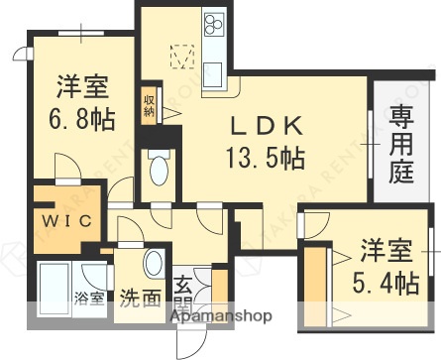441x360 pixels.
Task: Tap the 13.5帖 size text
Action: pyautogui.click(x=266, y=156)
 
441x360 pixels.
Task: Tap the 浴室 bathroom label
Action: pyautogui.click(x=88, y=298)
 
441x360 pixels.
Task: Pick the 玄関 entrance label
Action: pyautogui.click(x=184, y=295)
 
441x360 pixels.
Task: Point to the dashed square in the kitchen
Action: pyautogui.click(x=180, y=57)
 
